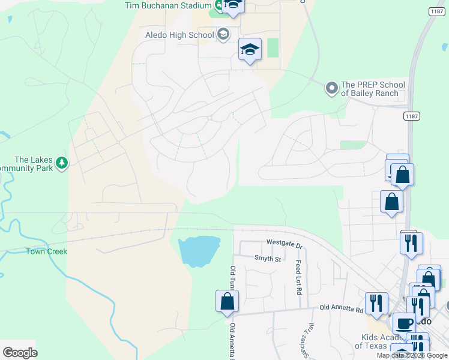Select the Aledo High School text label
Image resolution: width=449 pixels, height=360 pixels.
coord(179,35)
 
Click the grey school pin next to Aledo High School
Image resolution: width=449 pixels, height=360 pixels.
coord(223,34)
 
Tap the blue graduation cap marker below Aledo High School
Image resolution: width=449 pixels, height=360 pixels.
coord(250,49)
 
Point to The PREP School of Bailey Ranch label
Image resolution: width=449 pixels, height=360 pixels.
coord(373,89)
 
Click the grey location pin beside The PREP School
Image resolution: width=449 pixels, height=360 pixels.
coord(331,89)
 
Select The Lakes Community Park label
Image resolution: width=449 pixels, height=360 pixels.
coord(33,164)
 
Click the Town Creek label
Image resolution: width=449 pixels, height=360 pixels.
coord(46,251)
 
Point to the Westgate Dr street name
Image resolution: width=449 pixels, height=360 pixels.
coord(285,242)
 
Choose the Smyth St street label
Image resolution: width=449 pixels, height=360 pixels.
coord(267,259)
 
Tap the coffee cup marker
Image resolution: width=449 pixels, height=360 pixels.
coord(403,323)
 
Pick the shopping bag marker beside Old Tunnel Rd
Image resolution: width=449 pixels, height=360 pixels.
coord(227,301)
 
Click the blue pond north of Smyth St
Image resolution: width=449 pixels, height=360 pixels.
coord(199,251)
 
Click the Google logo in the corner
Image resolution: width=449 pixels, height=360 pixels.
coord(20,352)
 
